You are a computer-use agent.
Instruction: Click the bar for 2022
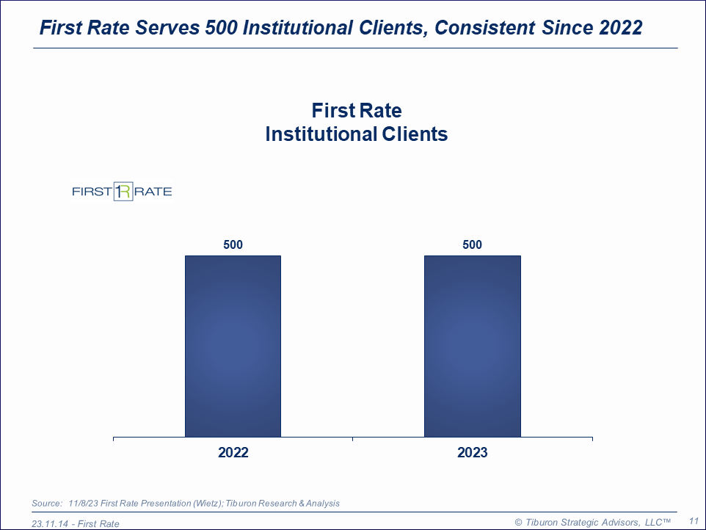point(233,346)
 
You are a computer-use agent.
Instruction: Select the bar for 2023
point(472,346)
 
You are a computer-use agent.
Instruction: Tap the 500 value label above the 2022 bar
point(233,245)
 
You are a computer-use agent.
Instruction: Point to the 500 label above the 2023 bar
point(472,245)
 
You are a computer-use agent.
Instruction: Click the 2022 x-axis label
point(233,453)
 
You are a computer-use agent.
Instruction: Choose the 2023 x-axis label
point(472,453)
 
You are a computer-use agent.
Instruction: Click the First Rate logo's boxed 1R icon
point(123,192)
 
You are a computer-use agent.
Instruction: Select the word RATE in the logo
point(153,192)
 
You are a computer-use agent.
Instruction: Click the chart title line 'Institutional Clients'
point(356,134)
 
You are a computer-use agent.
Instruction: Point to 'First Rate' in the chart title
point(356,111)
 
